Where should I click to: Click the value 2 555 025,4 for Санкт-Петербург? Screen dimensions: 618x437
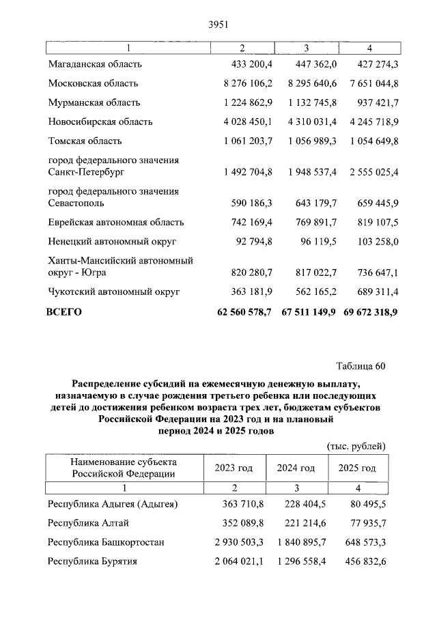pos(368,172)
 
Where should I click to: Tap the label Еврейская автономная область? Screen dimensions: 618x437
pos(115,223)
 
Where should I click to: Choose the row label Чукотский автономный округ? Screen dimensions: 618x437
pos(113,292)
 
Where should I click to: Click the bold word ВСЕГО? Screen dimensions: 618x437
pos(64,311)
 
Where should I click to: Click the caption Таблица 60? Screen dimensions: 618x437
pos(361,366)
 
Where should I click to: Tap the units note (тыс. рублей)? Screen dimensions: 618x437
pos(356,446)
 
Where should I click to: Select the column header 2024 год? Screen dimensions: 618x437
pos(296,468)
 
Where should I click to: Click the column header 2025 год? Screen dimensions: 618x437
pos(356,468)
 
